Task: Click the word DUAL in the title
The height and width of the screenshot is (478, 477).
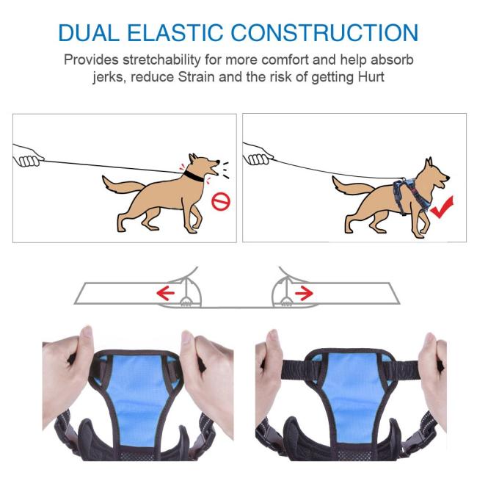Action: pos(89,32)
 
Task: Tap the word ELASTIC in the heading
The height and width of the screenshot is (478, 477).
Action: pos(175,32)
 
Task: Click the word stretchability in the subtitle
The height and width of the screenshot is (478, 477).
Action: pos(161,59)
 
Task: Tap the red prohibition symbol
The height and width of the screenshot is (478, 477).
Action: pos(221,201)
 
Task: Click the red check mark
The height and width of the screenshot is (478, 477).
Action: pos(443,207)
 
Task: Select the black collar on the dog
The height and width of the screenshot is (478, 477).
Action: pos(194,176)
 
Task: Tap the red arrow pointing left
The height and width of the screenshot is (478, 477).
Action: pos(165,293)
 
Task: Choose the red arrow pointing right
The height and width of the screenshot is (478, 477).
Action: pos(304,293)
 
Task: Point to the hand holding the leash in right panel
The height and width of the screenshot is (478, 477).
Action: pos(258,154)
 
